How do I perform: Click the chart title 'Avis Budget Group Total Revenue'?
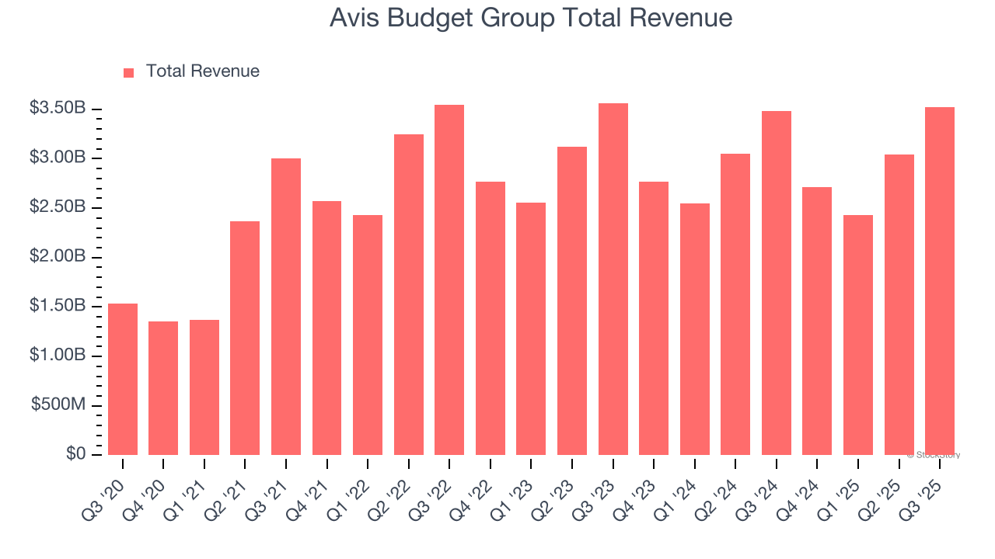click(x=530, y=19)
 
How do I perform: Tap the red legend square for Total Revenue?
click(x=129, y=72)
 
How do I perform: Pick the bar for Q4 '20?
click(x=163, y=388)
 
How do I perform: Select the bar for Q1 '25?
click(x=858, y=335)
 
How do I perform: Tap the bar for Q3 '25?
click(x=940, y=281)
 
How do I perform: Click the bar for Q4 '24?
click(x=817, y=321)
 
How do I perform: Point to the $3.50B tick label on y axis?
click(x=58, y=109)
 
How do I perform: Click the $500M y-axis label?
click(x=58, y=405)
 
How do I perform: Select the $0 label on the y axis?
click(x=75, y=454)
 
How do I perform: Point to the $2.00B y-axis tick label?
click(x=58, y=257)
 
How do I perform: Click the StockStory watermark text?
click(x=934, y=455)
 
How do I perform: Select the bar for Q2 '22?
click(x=409, y=294)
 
